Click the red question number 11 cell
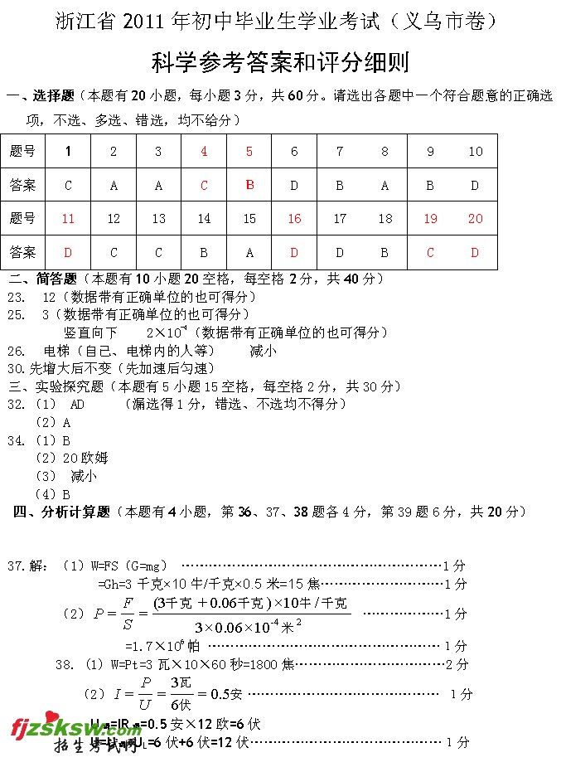pyautogui.click(x=68, y=219)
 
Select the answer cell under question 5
pyautogui.click(x=249, y=185)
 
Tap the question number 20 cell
pyautogui.click(x=475, y=219)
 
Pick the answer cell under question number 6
pyautogui.click(x=294, y=186)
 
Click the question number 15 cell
pyautogui.click(x=249, y=219)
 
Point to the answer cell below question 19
pyautogui.click(x=430, y=252)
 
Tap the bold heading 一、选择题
pyautogui.click(x=41, y=96)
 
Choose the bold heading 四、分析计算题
pyautogui.click(x=63, y=512)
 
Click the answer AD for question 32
pyautogui.click(x=78, y=405)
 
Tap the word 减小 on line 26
pyautogui.click(x=263, y=351)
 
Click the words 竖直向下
pyautogui.click(x=90, y=333)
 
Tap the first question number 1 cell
pyautogui.click(x=68, y=152)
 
